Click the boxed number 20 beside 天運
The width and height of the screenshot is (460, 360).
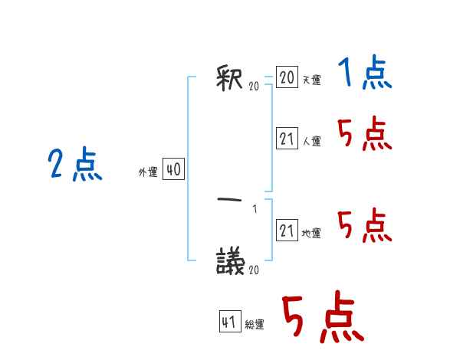click(287, 77)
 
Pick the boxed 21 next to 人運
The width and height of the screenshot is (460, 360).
click(287, 139)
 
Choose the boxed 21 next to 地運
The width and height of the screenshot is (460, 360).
click(287, 231)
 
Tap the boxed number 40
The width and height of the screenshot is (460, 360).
click(173, 170)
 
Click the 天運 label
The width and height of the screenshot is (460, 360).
click(311, 80)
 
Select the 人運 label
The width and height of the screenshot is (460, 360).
click(311, 141)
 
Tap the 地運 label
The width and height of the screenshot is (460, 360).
click(311, 234)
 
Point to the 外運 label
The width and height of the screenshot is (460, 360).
click(148, 172)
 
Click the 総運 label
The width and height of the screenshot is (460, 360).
click(255, 325)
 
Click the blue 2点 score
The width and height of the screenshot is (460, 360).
click(74, 165)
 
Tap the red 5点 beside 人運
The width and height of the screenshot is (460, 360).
click(364, 136)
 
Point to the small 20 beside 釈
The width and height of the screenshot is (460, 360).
click(254, 87)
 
